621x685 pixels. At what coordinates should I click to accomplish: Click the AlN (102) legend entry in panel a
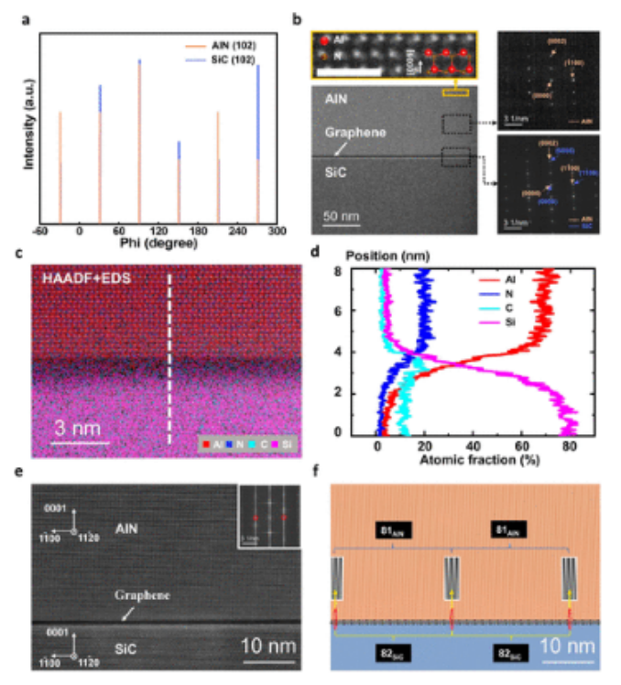pyautogui.click(x=232, y=44)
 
